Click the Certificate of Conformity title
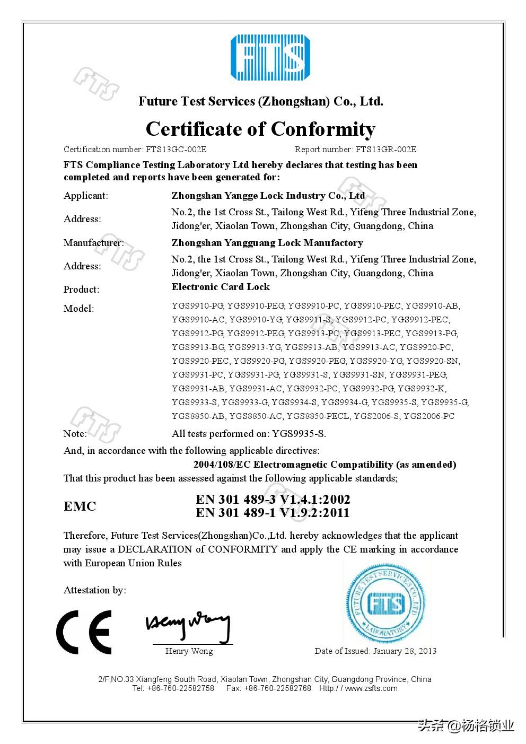[x=260, y=129]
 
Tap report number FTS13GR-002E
[x=386, y=150]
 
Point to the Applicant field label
[x=86, y=196]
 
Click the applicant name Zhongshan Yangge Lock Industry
[x=268, y=196]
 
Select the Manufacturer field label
[x=94, y=243]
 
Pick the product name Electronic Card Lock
[x=221, y=287]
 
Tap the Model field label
[x=78, y=309]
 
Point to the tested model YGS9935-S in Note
[x=299, y=434]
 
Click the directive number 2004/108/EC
[x=222, y=465]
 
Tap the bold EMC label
[x=80, y=506]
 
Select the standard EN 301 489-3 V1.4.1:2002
[x=273, y=500]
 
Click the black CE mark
[x=84, y=632]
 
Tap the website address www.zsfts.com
[x=371, y=688]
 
